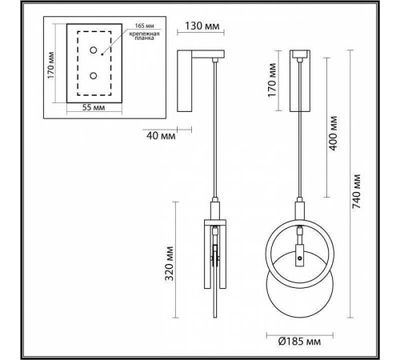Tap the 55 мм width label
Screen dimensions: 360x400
pyautogui.click(x=94, y=106)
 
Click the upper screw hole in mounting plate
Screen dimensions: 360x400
pyautogui.click(x=94, y=50)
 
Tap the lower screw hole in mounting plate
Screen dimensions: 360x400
pyautogui.click(x=94, y=76)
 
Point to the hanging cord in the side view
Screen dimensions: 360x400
pyautogui.click(x=216, y=136)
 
